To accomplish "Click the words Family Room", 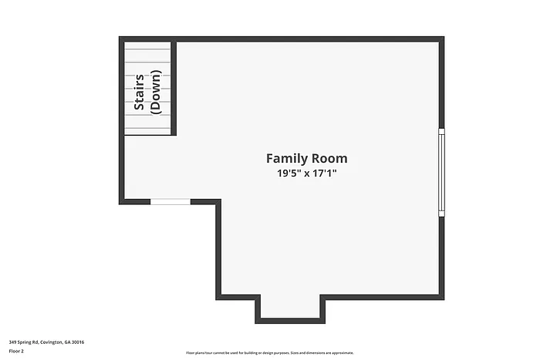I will pyautogui.click(x=306, y=158).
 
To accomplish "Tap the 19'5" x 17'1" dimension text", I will pyautogui.click(x=306, y=174).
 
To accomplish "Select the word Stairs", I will pyautogui.click(x=140, y=93).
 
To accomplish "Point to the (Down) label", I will pyautogui.click(x=156, y=93).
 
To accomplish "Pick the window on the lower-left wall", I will pyautogui.click(x=170, y=201).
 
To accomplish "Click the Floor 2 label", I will pyautogui.click(x=16, y=351).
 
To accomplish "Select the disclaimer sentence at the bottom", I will pyautogui.click(x=269, y=352).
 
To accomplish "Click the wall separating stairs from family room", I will pyautogui.click(x=174, y=88).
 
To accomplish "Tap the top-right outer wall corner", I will pyautogui.click(x=442, y=39).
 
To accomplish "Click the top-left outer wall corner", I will pyautogui.click(x=122, y=39).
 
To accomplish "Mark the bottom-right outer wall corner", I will pyautogui.click(x=442, y=296).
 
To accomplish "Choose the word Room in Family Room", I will pyautogui.click(x=329, y=158).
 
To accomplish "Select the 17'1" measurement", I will pyautogui.click(x=325, y=174).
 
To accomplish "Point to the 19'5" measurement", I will pyautogui.click(x=289, y=174).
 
